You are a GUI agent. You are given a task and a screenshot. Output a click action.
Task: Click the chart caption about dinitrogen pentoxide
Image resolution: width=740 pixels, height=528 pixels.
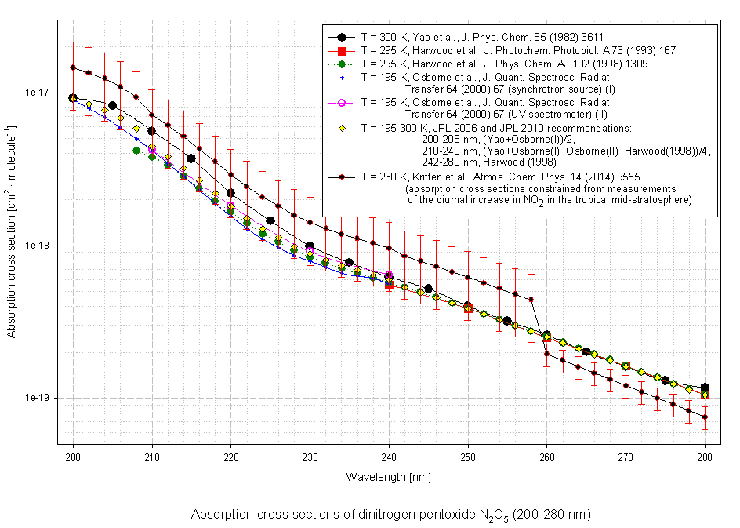pos(390,515)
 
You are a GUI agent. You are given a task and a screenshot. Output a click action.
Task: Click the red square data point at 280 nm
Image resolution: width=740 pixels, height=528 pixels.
pos(705,395)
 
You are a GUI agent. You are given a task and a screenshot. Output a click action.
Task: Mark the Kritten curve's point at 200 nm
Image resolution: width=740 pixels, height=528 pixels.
pos(73,67)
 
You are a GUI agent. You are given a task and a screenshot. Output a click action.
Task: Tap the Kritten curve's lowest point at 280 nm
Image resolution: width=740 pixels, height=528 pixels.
pos(705,417)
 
